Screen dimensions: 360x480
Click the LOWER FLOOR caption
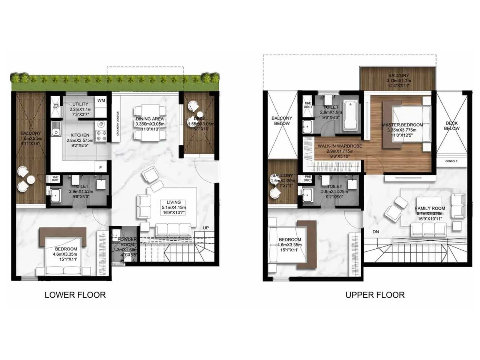coord(75,295)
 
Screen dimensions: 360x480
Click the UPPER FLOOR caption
coord(375,295)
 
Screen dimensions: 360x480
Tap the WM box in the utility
coord(101,100)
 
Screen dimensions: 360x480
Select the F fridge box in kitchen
coord(100,167)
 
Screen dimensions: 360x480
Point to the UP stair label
coord(206,228)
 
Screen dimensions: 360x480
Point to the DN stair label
coord(376,232)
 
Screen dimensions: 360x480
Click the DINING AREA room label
coord(150,119)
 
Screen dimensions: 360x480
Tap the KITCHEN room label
coord(80,135)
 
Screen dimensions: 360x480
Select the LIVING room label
coord(174,202)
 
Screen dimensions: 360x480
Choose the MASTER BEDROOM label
coord(402,125)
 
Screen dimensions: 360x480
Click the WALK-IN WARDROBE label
coord(340,146)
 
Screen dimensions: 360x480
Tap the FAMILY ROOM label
coord(430,208)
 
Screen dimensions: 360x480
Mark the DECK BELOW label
coord(451,126)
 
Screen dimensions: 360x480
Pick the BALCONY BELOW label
coord(282,121)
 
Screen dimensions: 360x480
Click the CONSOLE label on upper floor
coord(451,161)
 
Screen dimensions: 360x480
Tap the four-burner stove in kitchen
coord(101,136)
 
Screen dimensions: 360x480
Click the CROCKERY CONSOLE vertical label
coord(118,123)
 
